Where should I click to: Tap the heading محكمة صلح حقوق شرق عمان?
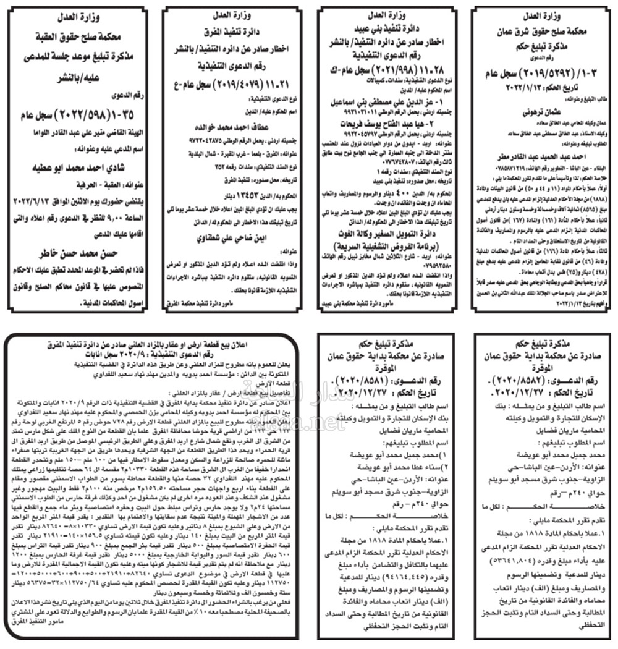541,29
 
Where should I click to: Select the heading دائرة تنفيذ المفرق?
233,29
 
